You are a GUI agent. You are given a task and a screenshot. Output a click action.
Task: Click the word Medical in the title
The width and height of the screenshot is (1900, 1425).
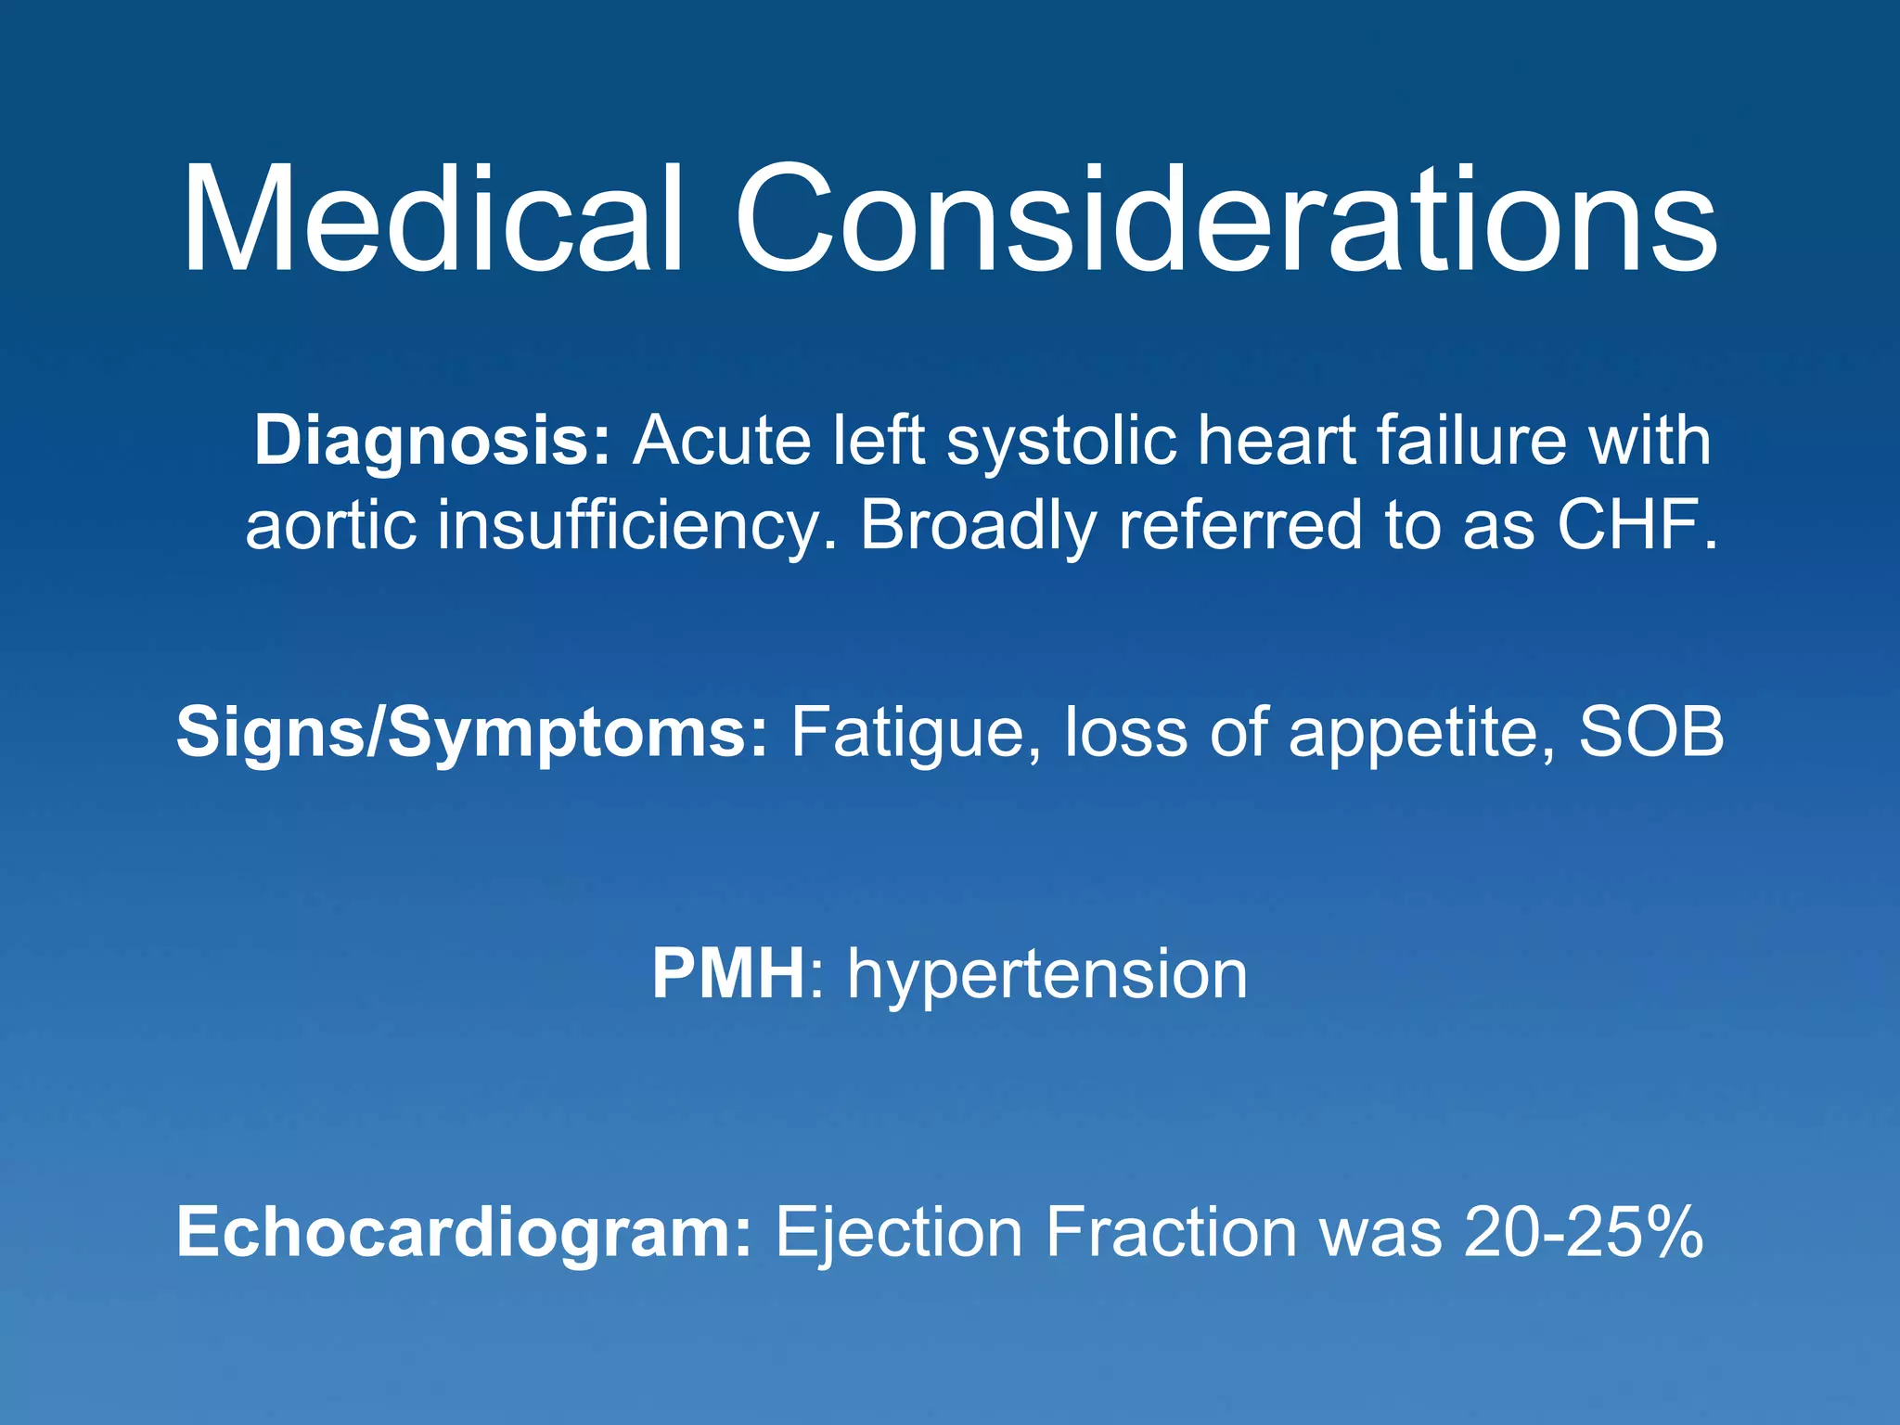point(431,220)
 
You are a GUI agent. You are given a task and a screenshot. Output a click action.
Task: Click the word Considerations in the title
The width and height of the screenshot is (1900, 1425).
point(1225,220)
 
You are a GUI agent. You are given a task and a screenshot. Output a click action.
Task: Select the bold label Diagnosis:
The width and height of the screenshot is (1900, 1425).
point(432,442)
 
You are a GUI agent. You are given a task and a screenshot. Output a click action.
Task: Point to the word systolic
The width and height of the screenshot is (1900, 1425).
point(1060,442)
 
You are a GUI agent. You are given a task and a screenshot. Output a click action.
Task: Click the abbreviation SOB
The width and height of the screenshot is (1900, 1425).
point(1651,733)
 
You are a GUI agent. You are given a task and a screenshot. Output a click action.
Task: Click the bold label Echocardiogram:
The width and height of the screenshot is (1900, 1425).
point(464,1233)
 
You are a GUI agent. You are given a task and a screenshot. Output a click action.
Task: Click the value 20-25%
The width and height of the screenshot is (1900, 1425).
point(1584,1233)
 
